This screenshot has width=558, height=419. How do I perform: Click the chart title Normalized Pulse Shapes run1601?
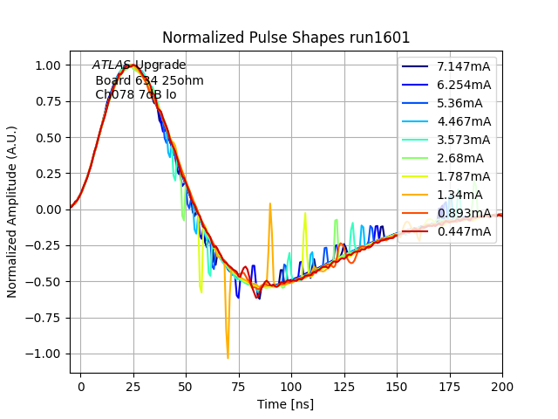[286, 38]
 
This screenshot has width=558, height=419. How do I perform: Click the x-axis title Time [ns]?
[285, 404]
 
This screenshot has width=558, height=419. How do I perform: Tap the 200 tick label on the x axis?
[501, 385]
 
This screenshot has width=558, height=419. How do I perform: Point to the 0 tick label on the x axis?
[81, 385]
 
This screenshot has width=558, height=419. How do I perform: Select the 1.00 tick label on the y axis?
[47, 65]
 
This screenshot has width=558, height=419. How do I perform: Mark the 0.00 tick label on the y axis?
[47, 209]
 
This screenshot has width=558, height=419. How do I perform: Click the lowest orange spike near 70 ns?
[228, 357]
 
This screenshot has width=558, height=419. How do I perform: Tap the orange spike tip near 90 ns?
[270, 203]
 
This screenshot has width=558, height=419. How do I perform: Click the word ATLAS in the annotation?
[112, 65]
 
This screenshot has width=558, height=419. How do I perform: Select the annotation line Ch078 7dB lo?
[135, 94]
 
